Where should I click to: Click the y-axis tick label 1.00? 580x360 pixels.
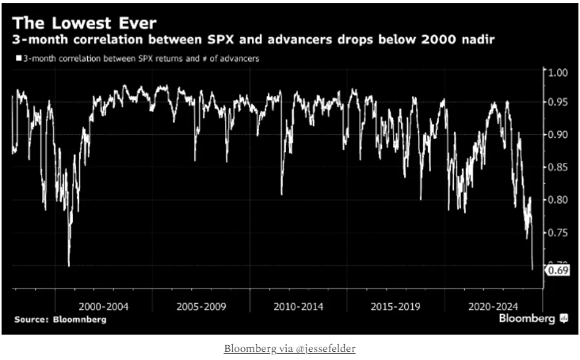[x=559, y=72]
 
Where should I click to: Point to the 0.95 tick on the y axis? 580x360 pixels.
[x=559, y=102]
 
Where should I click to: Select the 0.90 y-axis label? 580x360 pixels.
[x=559, y=135]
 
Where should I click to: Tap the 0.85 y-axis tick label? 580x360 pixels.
[x=559, y=167]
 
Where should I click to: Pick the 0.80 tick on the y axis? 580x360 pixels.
[x=559, y=200]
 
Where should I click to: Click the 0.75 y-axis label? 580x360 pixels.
[x=559, y=232]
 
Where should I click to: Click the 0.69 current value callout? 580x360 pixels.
[x=558, y=271]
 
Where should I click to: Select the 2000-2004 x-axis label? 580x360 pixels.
[x=103, y=304]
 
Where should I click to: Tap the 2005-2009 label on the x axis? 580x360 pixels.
[x=200, y=304]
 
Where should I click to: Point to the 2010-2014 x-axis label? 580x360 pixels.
[x=298, y=304]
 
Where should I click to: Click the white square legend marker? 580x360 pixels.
[x=17, y=58]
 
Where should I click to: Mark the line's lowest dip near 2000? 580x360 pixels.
[x=69, y=266]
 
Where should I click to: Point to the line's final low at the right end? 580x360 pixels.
[x=532, y=270]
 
